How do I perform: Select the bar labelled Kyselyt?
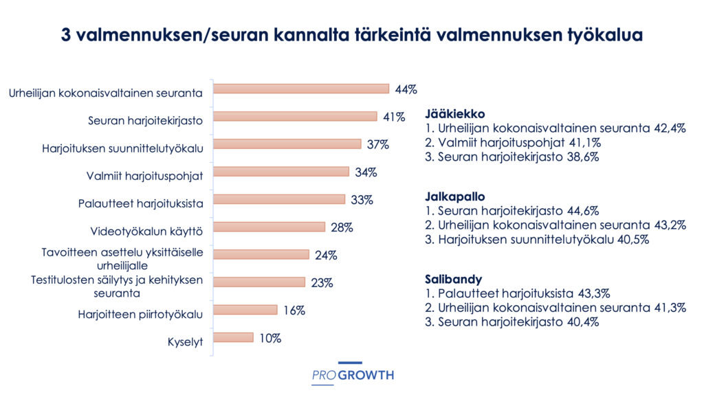pyautogui.click(x=233, y=337)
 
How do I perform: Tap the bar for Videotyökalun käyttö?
pyautogui.click(x=269, y=227)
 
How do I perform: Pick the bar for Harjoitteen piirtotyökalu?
pyautogui.click(x=245, y=310)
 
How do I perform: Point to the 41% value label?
pyautogui.click(x=394, y=117)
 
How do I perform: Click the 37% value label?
pyautogui.click(x=378, y=144)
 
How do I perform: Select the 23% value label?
pyautogui.click(x=322, y=282)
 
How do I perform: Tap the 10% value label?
pyautogui.click(x=270, y=337)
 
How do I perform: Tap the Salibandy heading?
pyautogui.click(x=452, y=280)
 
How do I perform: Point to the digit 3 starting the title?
pyautogui.click(x=66, y=34)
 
